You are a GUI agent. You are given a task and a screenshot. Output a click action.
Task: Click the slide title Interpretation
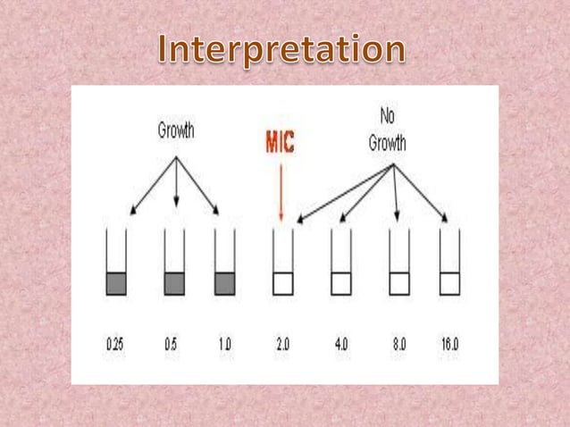[285, 49]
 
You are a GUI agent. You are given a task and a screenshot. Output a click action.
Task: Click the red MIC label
[281, 143]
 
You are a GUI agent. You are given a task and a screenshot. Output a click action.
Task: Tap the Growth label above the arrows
[176, 130]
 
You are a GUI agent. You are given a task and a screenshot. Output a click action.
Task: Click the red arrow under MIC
[281, 188]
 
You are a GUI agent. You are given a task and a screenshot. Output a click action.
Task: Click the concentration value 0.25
[115, 343]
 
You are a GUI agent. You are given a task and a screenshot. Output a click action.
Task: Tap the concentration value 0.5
[173, 343]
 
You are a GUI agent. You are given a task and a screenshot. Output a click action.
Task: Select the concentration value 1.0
[224, 343]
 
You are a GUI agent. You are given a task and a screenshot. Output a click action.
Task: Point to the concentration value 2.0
[283, 343]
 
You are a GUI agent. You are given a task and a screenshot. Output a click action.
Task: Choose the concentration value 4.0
[342, 343]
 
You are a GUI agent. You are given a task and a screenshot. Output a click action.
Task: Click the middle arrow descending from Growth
[177, 183]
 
